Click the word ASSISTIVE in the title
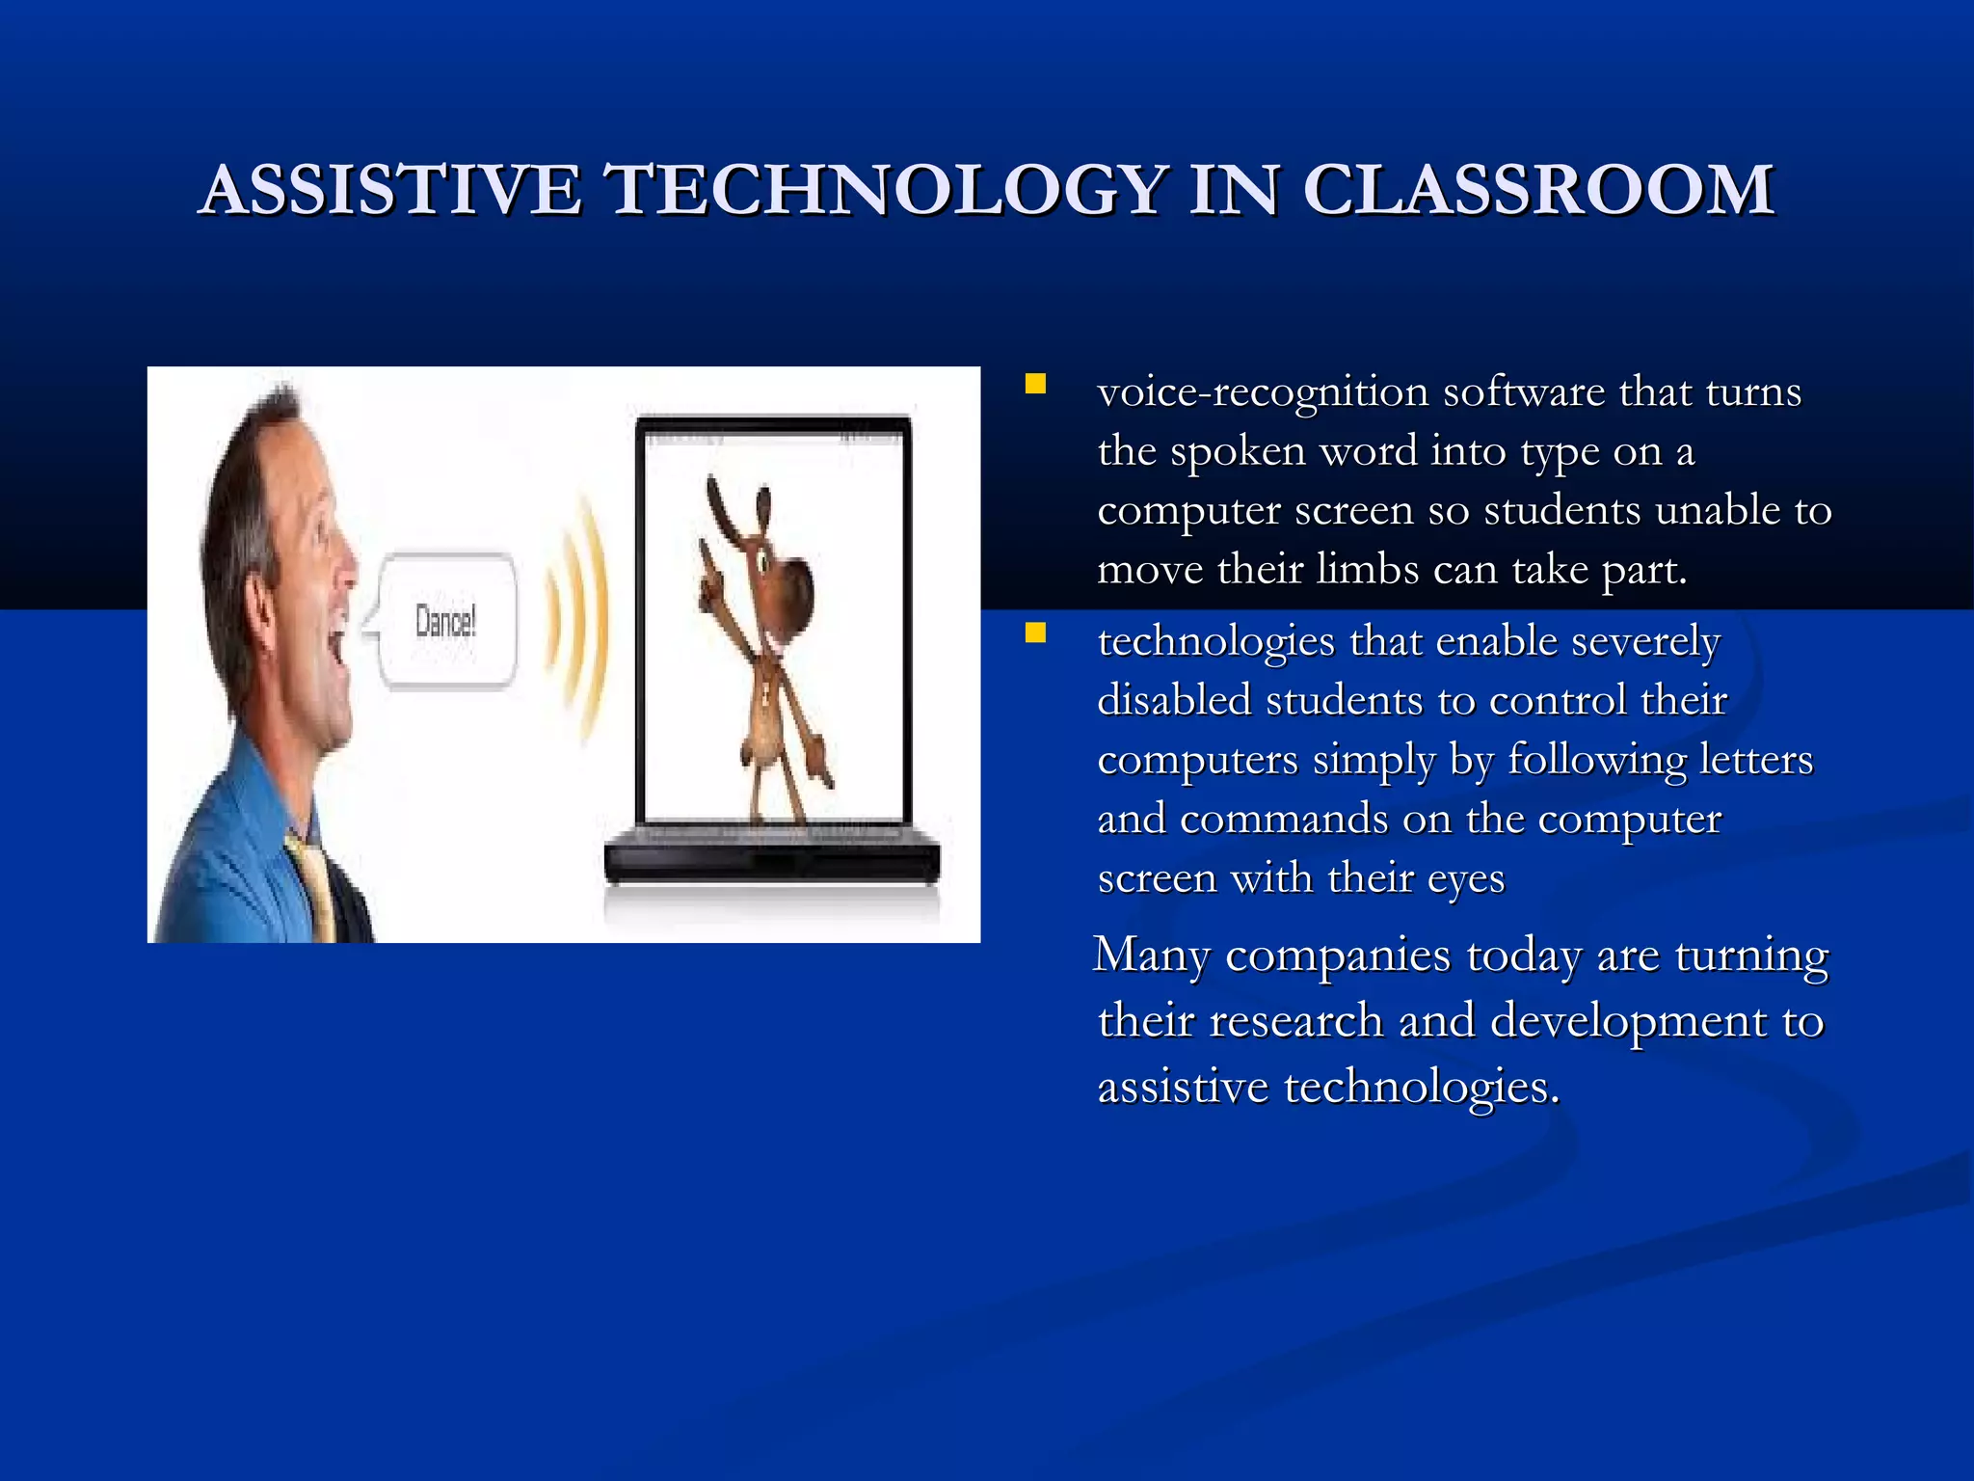pyautogui.click(x=390, y=189)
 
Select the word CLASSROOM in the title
pyautogui.click(x=1537, y=189)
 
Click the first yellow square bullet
pyautogui.click(x=1035, y=385)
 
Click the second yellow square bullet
pyautogui.click(x=1035, y=633)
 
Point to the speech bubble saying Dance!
pyautogui.click(x=445, y=622)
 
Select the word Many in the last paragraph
pyautogui.click(x=1151, y=956)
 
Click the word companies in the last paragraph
pyautogui.click(x=1338, y=956)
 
